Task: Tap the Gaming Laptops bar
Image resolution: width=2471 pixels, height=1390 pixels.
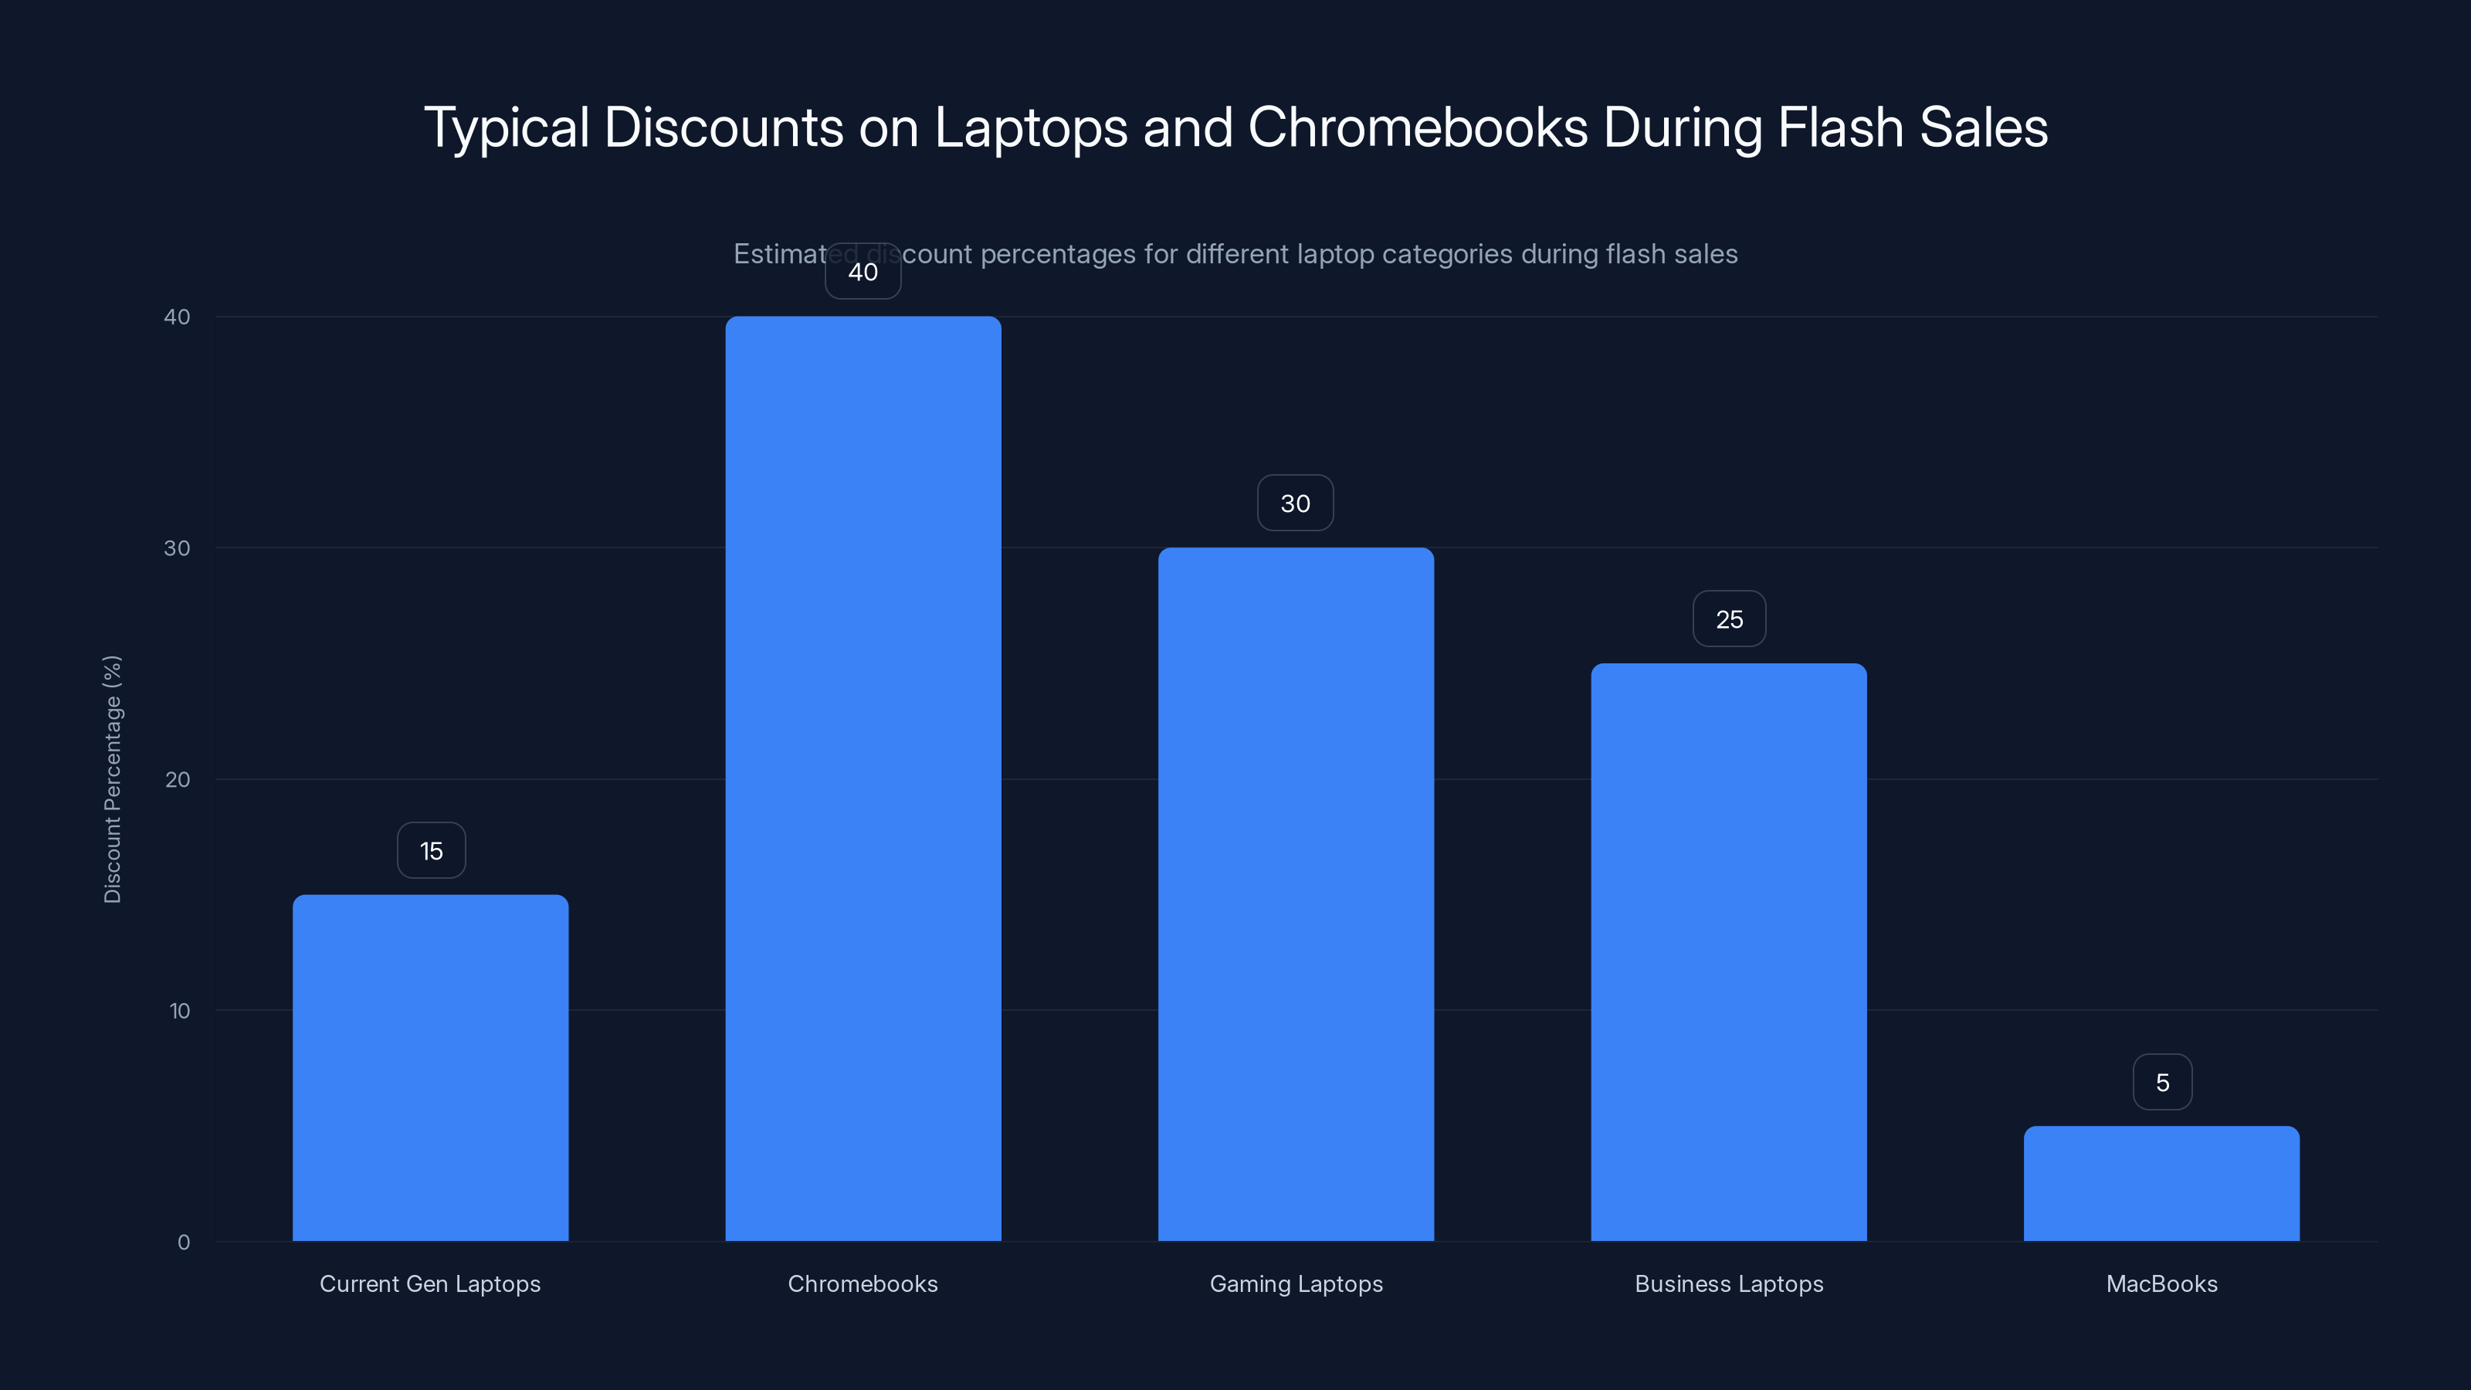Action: pos(1295,894)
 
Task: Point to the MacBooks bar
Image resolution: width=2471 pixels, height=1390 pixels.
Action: pos(2161,1183)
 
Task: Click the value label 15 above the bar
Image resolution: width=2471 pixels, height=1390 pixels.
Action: pos(431,851)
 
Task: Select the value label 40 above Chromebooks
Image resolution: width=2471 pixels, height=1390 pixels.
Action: pos(863,273)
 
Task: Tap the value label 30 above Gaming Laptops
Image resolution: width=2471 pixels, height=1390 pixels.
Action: pos(1295,503)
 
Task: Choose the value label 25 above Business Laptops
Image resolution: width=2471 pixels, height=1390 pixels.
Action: pos(1729,619)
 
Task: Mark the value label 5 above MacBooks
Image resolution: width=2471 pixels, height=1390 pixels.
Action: pos(2162,1083)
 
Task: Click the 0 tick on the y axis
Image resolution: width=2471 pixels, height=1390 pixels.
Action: pos(183,1243)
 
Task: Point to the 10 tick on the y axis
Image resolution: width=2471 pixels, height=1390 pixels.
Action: pos(179,1011)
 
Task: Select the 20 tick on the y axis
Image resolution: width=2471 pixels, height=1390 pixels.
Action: pos(178,780)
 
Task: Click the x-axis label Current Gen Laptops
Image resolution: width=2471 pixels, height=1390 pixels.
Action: pos(430,1284)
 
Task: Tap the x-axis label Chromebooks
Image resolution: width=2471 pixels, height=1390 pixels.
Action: pos(863,1284)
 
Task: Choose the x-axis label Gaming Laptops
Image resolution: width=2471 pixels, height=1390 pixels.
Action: pos(1296,1284)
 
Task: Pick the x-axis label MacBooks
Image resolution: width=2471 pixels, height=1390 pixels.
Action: pos(2161,1284)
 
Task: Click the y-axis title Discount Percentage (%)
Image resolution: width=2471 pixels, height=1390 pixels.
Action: pos(112,779)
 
